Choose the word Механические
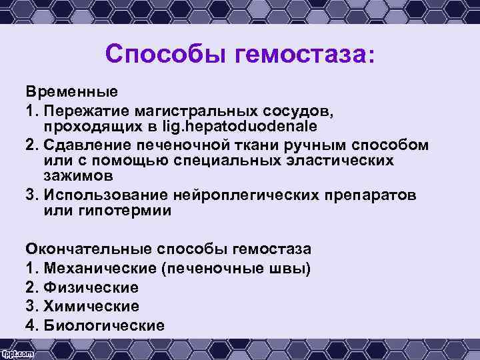click(x=90, y=269)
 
